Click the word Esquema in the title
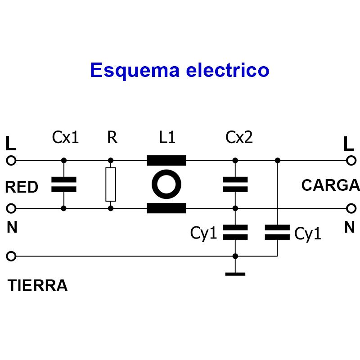click(135, 71)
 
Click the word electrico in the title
click(228, 70)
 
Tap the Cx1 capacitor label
click(65, 137)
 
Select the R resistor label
click(112, 137)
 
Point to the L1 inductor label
click(167, 137)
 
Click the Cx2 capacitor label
click(239, 137)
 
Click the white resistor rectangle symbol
click(111, 184)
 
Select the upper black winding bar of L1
click(166, 161)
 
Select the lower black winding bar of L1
click(166, 208)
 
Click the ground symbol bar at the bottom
click(235, 274)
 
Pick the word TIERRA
click(38, 286)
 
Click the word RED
click(22, 187)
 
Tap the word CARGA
click(330, 185)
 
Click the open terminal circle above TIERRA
click(11, 256)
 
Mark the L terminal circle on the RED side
click(11, 161)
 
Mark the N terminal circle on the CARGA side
click(351, 208)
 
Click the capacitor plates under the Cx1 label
click(64, 184)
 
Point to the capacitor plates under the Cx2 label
click(235, 184)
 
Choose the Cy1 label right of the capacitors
click(308, 234)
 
